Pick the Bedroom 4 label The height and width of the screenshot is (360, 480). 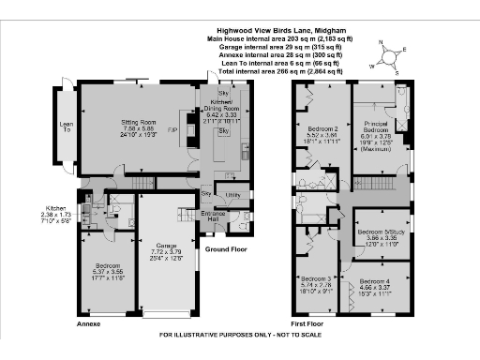(x=372, y=283)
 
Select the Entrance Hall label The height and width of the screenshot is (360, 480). (x=216, y=217)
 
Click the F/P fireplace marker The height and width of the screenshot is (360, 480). (x=172, y=129)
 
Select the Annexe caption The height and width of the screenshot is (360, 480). (x=87, y=322)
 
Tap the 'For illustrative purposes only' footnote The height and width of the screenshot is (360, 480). (x=240, y=335)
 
